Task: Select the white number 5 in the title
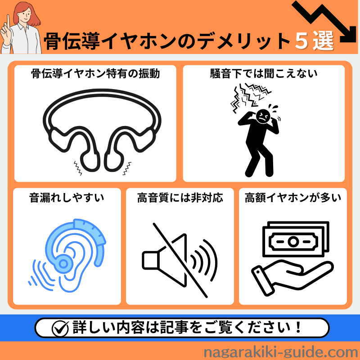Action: (301, 40)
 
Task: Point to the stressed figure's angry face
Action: (263, 117)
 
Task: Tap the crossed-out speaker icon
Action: (180, 260)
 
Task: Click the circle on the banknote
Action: (293, 241)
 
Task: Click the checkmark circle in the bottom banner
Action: (60, 328)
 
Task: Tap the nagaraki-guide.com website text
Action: (280, 352)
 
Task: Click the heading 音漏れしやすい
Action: (67, 198)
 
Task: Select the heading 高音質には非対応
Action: (180, 198)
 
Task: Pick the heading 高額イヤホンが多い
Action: (293, 198)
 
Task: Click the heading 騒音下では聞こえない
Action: (264, 74)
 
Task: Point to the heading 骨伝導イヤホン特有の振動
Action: (95, 74)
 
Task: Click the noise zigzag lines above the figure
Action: (250, 96)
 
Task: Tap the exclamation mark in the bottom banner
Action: (298, 327)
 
